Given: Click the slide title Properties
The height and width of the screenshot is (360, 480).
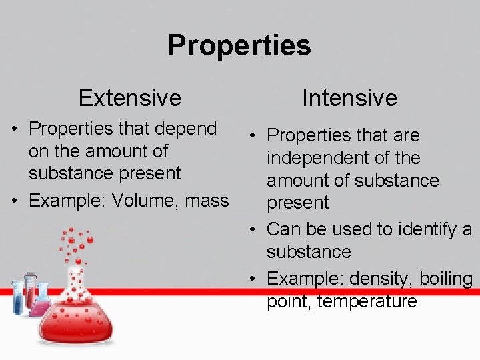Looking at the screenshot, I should pos(239,45).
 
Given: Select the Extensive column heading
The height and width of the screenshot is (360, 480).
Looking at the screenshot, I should pos(129,98).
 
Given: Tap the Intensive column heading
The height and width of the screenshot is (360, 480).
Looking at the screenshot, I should pos(349,98).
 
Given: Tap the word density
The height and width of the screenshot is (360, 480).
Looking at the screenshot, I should pos(377,279).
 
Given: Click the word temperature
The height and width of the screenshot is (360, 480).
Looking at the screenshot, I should pos(367,301).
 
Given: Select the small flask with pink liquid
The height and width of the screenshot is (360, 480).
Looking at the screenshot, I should pos(41,303).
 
